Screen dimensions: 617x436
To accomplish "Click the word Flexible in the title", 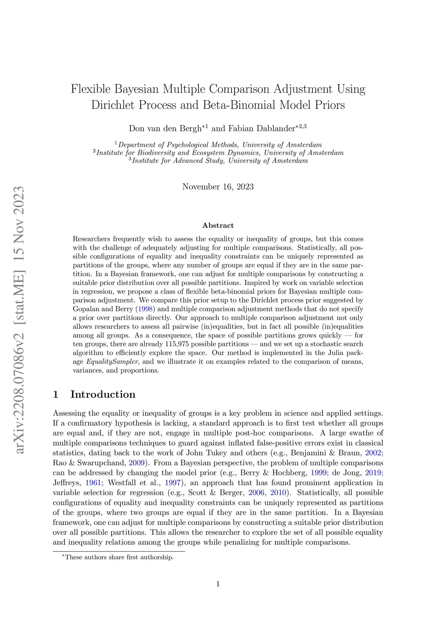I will pyautogui.click(x=90, y=89).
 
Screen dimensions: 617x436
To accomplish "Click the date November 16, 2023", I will pyautogui.click(x=218, y=187).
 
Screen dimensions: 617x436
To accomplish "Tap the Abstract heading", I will pyautogui.click(x=218, y=225).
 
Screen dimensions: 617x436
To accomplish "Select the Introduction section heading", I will pyautogui.click(x=103, y=395).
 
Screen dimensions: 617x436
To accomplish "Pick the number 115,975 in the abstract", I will pyautogui.click(x=231, y=344).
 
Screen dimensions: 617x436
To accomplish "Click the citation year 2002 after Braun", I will pyautogui.click(x=373, y=453).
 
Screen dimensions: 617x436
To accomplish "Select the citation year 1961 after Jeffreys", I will pyautogui.click(x=93, y=483).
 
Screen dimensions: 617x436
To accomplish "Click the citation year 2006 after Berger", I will pyautogui.click(x=256, y=493).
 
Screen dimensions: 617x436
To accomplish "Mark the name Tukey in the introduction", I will pyautogui.click(x=216, y=453).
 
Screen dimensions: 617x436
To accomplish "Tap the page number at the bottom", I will pyautogui.click(x=218, y=584).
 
